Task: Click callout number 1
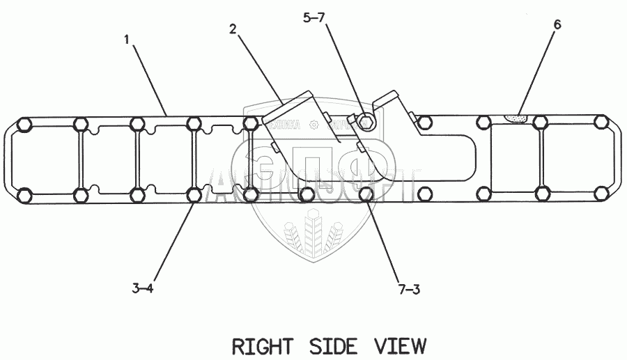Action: point(127,40)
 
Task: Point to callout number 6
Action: point(557,24)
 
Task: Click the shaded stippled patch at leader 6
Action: point(516,118)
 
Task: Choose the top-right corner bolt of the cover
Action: point(601,123)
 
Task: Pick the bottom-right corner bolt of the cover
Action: point(601,196)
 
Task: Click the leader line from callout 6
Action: point(539,70)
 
